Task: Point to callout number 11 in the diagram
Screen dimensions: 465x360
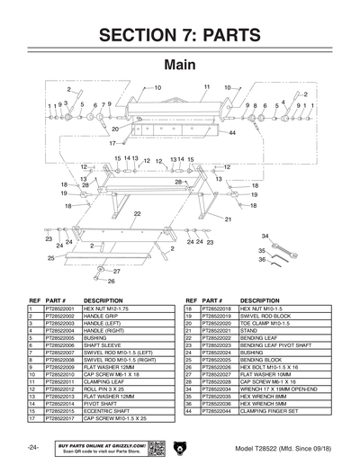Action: (x=205, y=87)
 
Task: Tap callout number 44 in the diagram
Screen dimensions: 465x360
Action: (x=232, y=132)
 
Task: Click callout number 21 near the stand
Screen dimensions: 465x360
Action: (x=228, y=219)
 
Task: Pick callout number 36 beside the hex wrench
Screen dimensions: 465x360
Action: (x=262, y=259)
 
